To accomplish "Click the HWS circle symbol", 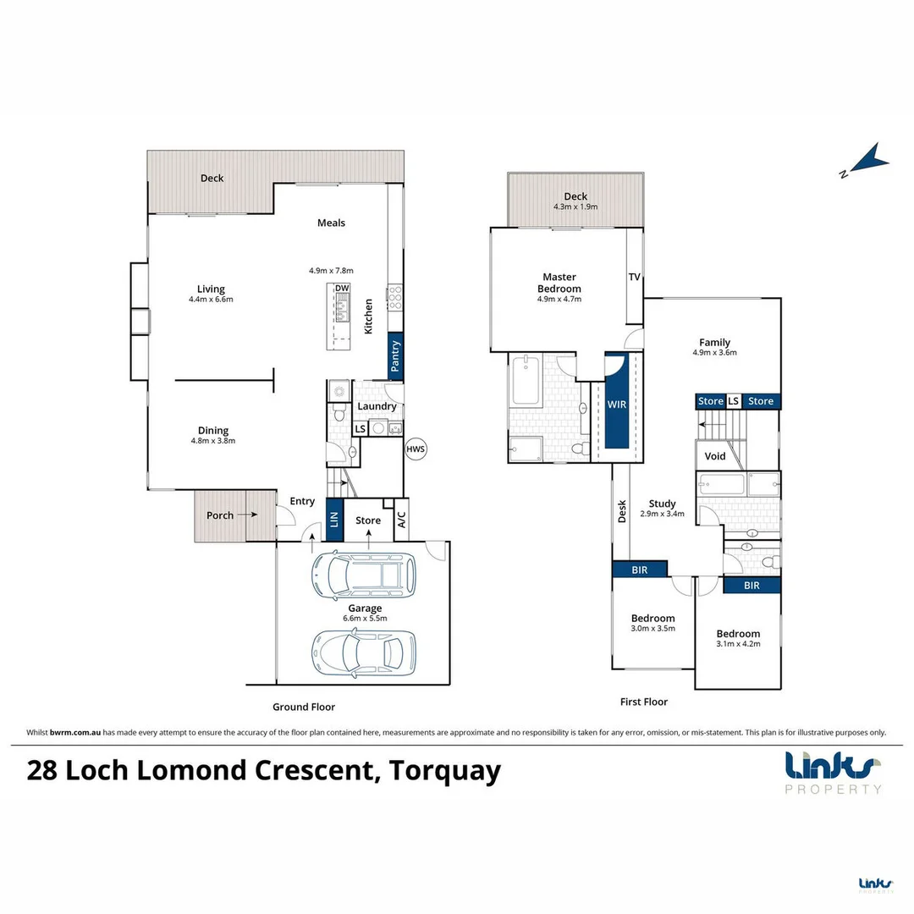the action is coord(416,449).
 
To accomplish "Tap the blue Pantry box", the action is coord(395,357).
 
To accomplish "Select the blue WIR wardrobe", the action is coord(616,404).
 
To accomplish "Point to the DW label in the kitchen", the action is coord(342,289).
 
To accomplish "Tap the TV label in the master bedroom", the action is coord(634,277).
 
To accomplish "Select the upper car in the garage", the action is coord(364,574).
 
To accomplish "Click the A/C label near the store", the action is coord(401,518).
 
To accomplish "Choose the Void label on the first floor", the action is coord(715,456).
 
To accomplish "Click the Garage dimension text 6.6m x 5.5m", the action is coord(365,619).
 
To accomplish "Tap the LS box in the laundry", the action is coord(360,428).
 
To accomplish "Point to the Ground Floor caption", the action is coord(304,707).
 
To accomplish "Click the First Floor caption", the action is coord(644,702).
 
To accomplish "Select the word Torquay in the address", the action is coord(449,771).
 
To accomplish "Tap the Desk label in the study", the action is coord(622,511).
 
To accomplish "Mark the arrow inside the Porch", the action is coord(248,515).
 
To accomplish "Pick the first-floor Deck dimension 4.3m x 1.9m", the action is coord(575,206).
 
